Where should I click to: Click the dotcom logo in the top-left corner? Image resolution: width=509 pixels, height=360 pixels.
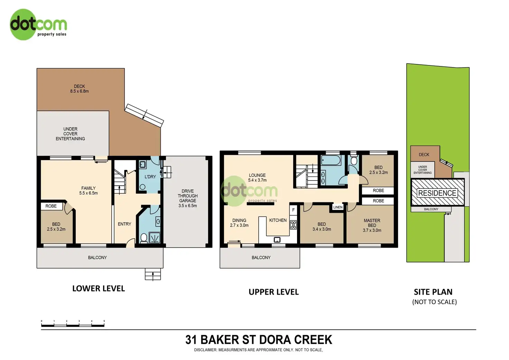38,25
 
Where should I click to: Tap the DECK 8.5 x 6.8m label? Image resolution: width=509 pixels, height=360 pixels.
79,89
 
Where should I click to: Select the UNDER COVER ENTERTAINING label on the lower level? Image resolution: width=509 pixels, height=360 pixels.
71,133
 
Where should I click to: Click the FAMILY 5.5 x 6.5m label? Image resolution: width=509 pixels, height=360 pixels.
89,191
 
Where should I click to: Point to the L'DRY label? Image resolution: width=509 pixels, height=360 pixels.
150,177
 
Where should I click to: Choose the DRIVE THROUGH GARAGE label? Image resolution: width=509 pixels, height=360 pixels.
188,198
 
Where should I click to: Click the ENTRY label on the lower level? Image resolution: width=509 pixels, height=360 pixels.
124,224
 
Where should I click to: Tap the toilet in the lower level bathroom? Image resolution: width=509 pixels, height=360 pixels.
144,238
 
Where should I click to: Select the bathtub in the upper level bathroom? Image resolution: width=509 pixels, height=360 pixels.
331,160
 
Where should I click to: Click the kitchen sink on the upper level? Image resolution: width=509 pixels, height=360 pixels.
277,240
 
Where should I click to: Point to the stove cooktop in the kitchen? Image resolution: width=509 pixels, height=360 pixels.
293,225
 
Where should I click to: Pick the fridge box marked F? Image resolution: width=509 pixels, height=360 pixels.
293,210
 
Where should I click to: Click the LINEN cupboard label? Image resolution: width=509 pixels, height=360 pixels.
338,207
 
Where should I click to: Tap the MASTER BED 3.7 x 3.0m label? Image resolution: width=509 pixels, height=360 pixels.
372,225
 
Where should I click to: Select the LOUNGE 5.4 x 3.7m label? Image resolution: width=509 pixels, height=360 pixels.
257,177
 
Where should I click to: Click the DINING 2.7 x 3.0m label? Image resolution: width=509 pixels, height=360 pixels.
239,223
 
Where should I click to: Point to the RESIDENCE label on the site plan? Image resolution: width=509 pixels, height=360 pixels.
437,193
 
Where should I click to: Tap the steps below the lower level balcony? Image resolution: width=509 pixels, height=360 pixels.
153,274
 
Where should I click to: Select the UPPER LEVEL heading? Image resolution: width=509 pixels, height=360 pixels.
274,292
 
